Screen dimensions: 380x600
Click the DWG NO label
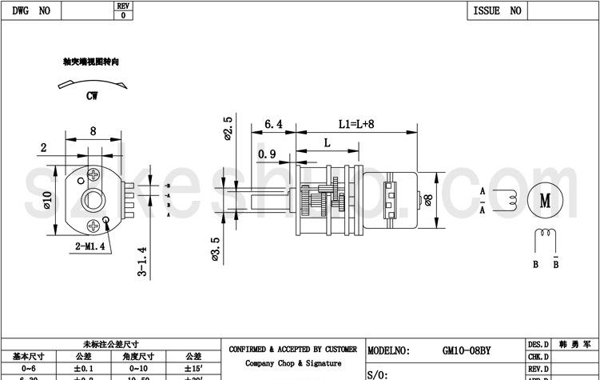[31, 10]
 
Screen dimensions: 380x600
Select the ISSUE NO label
[497, 10]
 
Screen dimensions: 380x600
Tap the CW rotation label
[92, 95]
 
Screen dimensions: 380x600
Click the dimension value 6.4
[272, 124]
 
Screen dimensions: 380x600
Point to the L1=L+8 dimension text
[356, 124]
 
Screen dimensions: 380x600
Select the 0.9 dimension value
[267, 154]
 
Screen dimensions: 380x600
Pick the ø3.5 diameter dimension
[216, 248]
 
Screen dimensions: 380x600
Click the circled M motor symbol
[546, 200]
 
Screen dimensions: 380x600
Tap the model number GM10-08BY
[467, 350]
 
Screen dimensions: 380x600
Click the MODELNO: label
[389, 350]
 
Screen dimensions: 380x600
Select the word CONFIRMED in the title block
[252, 350]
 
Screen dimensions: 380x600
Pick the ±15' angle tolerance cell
[193, 368]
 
